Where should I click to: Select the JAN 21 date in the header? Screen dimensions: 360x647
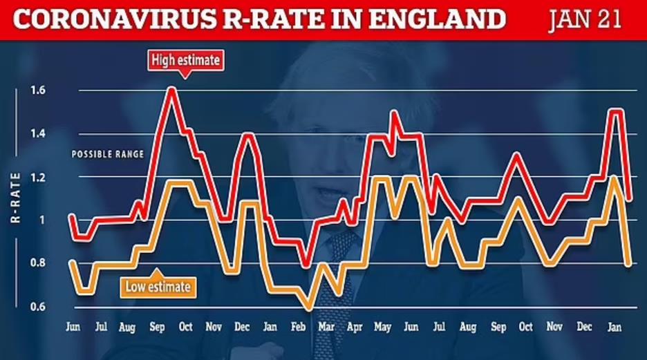(x=584, y=20)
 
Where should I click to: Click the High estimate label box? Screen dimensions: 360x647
(x=186, y=61)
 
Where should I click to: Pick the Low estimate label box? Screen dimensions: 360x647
(x=156, y=285)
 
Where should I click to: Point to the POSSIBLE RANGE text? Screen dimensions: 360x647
(x=108, y=155)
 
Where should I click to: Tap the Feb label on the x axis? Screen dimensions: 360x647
(x=299, y=326)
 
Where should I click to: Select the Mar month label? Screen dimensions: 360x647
(x=327, y=326)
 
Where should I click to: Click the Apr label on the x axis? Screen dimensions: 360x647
(x=354, y=326)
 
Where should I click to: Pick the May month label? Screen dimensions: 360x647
(x=382, y=326)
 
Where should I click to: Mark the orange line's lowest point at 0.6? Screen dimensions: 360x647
(x=310, y=307)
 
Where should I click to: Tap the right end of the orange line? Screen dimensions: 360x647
(x=629, y=263)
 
